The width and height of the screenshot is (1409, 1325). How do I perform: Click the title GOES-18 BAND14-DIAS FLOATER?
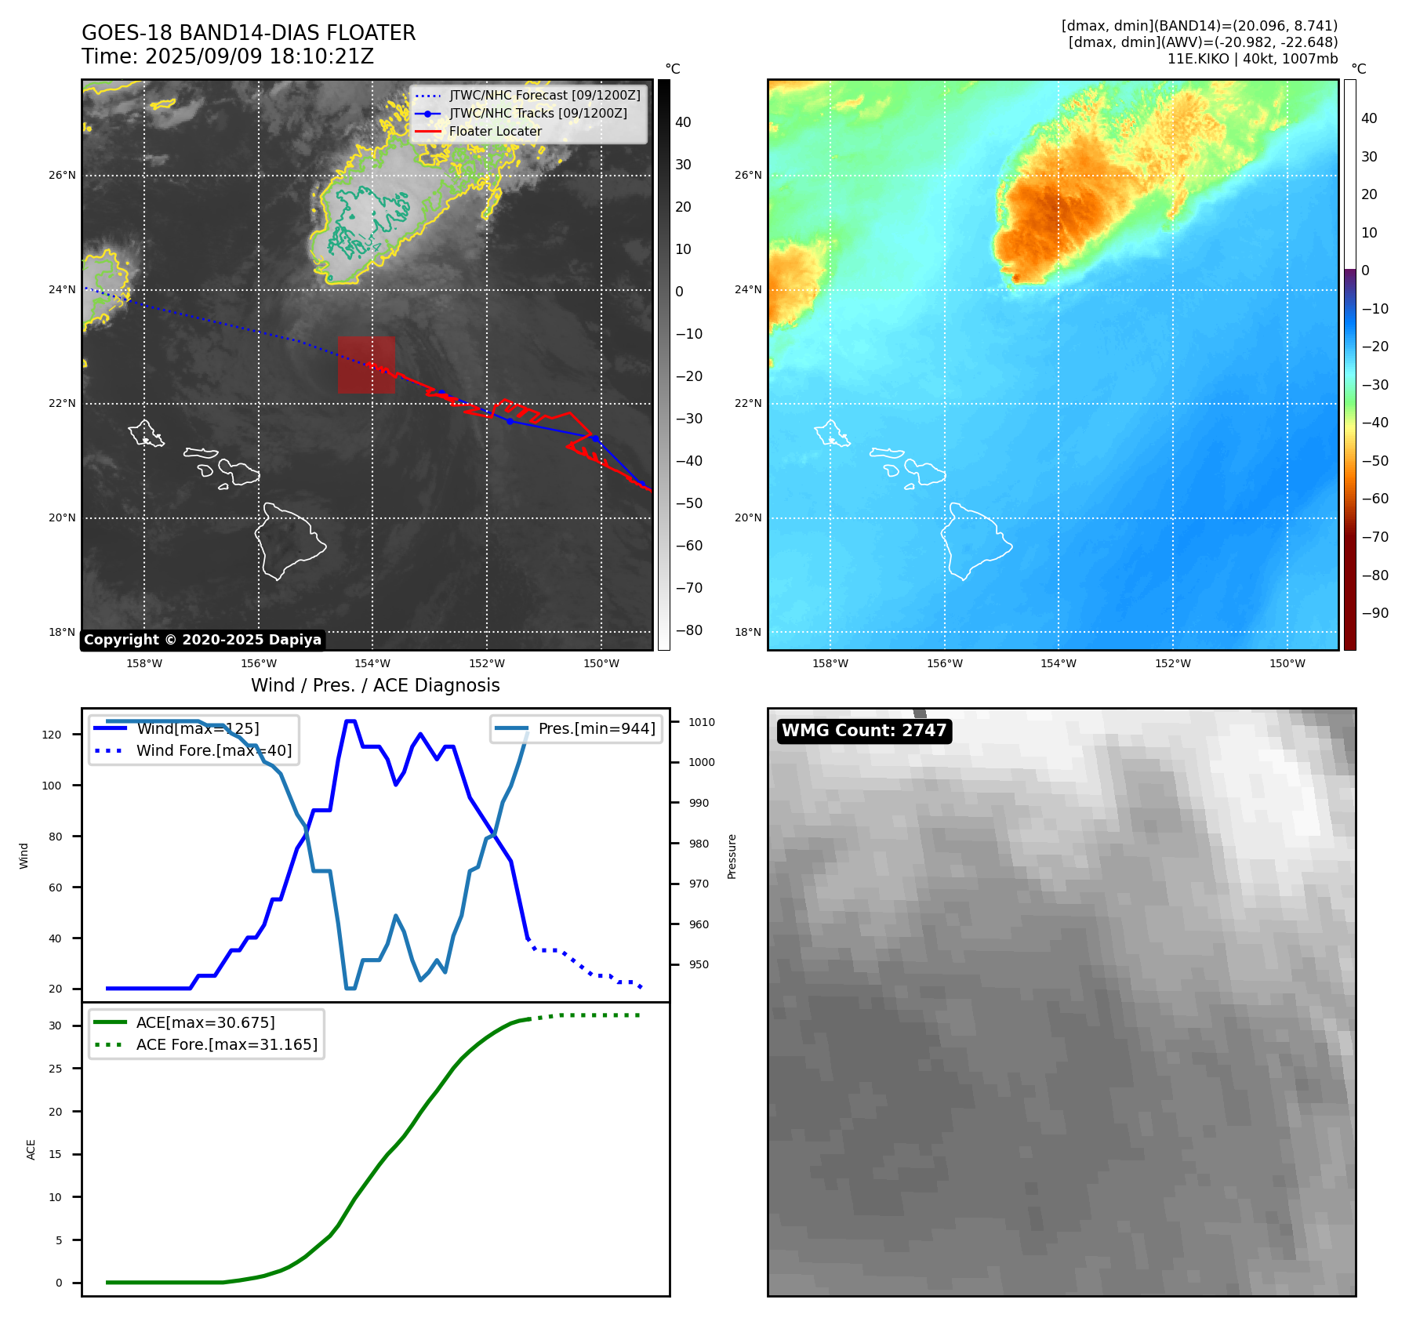(249, 33)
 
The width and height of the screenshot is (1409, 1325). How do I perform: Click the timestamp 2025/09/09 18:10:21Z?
(259, 56)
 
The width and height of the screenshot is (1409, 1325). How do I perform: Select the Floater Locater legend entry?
(495, 132)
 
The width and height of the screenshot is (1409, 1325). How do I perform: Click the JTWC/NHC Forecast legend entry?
(544, 96)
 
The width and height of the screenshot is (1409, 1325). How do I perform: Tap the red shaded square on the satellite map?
(366, 365)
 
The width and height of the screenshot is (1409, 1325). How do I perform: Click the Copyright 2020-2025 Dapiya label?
(202, 640)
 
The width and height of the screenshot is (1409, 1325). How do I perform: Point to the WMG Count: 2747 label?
(864, 731)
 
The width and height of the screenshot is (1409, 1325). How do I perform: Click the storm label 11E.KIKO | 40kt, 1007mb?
(1252, 59)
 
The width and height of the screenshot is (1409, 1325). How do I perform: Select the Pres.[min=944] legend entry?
(596, 728)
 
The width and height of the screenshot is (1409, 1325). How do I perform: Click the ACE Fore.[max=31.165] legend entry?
(227, 1044)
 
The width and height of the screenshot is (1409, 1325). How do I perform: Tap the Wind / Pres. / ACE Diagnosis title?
(375, 685)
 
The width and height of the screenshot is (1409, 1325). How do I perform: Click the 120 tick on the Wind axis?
(52, 735)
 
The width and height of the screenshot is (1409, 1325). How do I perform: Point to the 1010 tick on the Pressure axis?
(702, 722)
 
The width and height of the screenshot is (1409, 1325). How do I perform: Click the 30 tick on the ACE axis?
(55, 1026)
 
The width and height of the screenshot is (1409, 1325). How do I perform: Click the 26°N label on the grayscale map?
(62, 176)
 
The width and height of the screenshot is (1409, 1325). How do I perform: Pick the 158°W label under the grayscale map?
(144, 663)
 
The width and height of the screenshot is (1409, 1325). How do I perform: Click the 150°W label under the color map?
(1287, 663)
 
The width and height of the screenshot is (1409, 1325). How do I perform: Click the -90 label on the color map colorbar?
(1375, 613)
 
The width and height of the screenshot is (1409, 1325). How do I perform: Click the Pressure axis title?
(732, 856)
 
